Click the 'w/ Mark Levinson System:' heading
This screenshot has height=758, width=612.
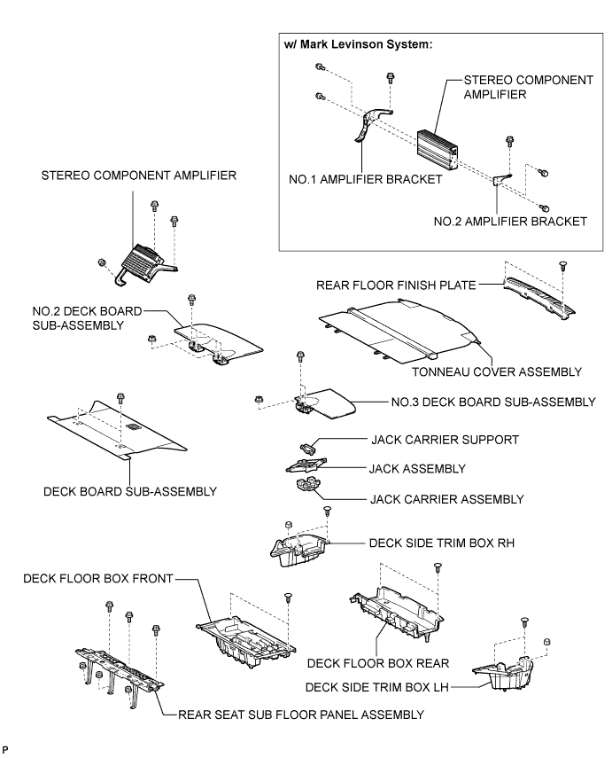point(358,44)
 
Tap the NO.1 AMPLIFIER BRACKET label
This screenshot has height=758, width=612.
point(365,179)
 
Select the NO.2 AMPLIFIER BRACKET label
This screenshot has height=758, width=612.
point(510,222)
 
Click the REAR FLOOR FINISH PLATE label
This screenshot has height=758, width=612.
point(396,285)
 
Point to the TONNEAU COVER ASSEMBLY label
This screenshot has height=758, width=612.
point(497,371)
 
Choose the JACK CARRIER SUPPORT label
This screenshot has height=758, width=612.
point(445,440)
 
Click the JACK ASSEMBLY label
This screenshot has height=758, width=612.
point(417,469)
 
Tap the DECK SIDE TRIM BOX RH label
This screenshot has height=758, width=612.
point(441,543)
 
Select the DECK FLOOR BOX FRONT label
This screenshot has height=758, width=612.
point(98,579)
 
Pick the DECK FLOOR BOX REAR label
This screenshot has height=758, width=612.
point(378,663)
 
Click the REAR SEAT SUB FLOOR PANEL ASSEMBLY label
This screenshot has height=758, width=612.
point(301,715)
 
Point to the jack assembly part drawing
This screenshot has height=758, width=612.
point(305,465)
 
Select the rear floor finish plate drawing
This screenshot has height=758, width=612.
point(539,297)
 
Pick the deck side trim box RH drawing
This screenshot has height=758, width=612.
point(298,548)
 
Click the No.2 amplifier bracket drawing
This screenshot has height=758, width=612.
point(502,179)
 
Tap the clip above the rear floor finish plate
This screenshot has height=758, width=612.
point(562,266)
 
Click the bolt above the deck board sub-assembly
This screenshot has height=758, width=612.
point(120,398)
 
